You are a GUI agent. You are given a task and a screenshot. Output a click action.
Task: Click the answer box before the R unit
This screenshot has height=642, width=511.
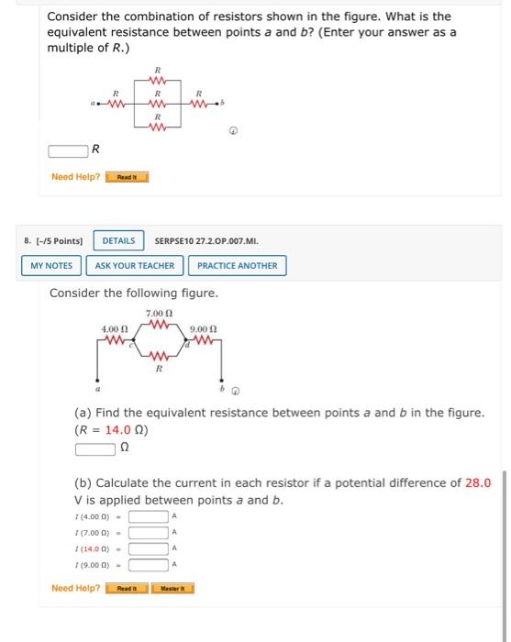click(67, 149)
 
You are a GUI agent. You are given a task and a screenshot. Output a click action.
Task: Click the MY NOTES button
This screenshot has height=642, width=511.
click(51, 266)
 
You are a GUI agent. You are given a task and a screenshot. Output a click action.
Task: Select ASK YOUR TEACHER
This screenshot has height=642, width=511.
click(135, 266)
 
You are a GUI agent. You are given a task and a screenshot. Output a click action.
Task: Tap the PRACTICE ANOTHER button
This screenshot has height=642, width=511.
click(237, 266)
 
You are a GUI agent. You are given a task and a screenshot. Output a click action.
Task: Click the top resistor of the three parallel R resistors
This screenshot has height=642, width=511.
click(158, 80)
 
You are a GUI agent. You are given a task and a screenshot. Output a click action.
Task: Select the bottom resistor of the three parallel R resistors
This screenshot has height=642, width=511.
click(158, 127)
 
